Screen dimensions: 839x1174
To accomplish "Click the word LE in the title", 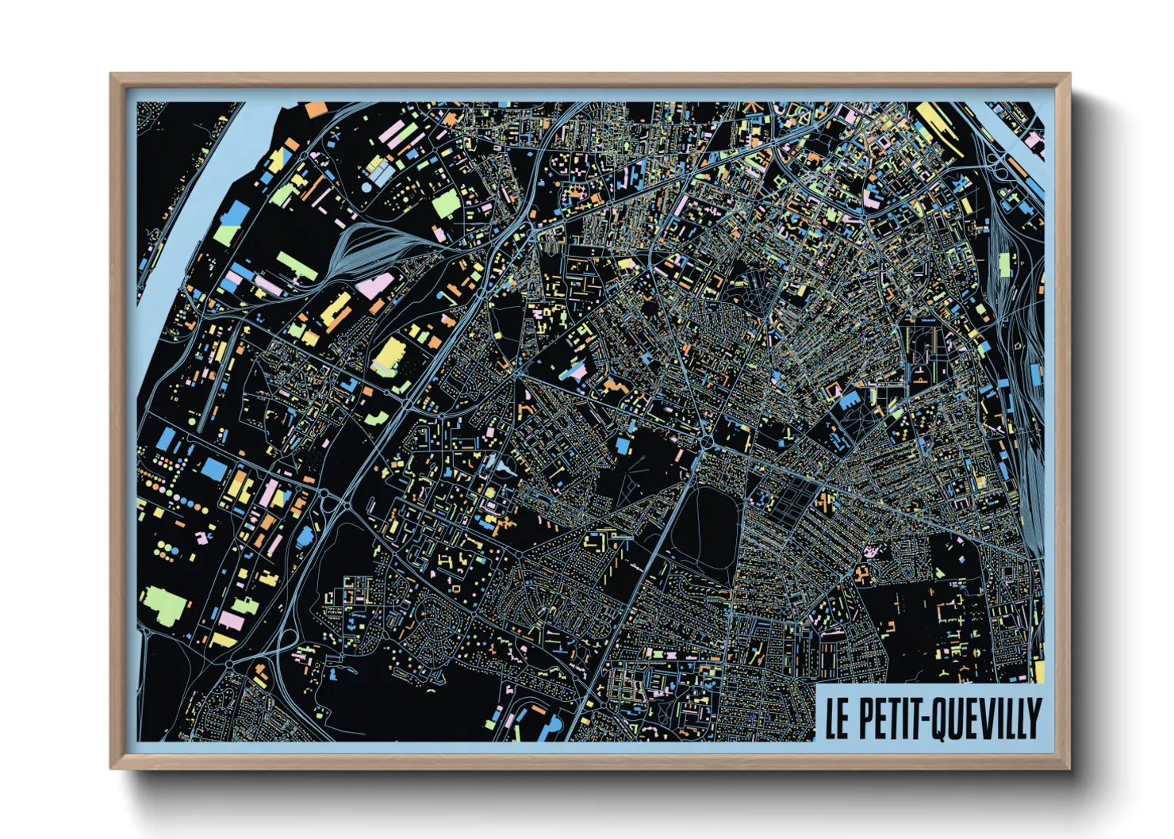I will [x=838, y=718].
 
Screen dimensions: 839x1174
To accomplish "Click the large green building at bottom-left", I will [x=165, y=604].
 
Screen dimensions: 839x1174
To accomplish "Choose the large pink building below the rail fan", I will [x=375, y=285].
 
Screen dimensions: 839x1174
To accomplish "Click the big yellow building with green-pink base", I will [x=389, y=354].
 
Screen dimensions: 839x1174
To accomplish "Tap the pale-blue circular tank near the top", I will [x=366, y=188].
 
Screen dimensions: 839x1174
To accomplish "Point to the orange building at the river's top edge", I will [x=316, y=109].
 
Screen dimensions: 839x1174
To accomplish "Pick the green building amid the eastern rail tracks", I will [x=1005, y=265].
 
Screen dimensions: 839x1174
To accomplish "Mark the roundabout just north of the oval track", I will [x=704, y=439].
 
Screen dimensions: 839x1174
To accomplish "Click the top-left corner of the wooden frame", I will [x=112, y=75].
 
